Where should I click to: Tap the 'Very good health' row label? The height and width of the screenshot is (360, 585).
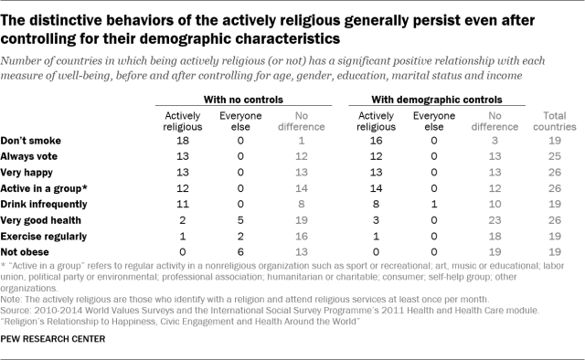click(41, 220)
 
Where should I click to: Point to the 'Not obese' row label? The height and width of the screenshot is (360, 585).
click(27, 249)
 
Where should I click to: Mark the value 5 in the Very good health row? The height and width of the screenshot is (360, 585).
click(232, 220)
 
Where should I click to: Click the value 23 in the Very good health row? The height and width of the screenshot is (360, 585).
click(494, 220)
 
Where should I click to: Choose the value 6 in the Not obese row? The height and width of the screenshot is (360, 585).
click(232, 249)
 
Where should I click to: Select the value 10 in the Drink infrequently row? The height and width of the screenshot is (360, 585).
click(494, 206)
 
